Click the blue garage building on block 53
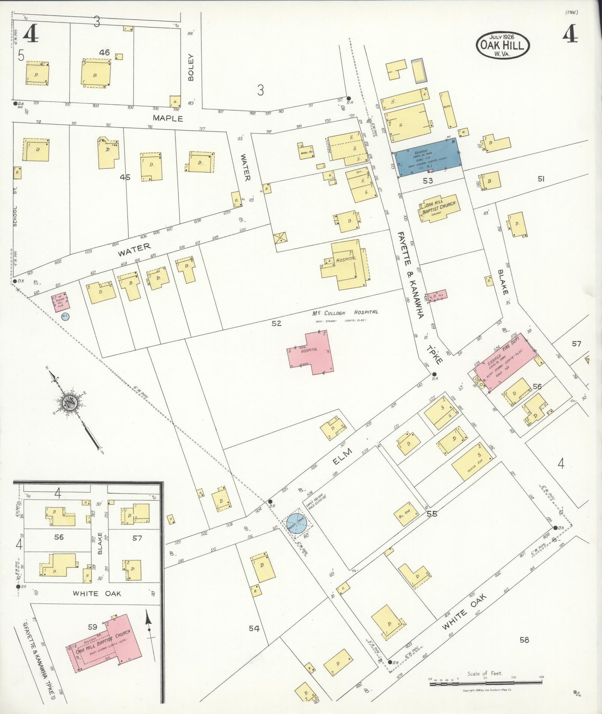point(428,158)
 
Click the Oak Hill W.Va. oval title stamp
point(502,45)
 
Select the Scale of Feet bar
point(486,683)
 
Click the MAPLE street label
point(168,118)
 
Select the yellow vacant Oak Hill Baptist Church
point(439,208)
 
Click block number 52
point(276,323)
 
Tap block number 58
point(524,640)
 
